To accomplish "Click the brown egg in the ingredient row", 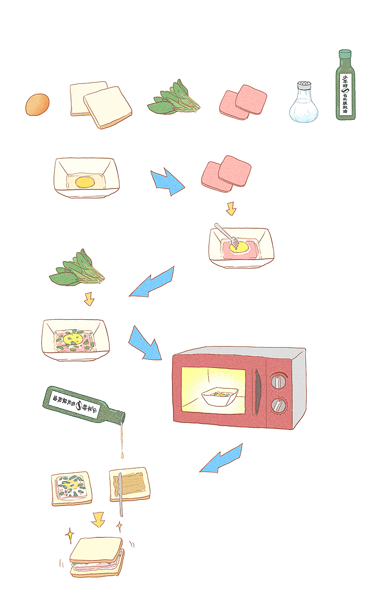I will [37, 105].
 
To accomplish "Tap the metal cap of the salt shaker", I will [304, 85].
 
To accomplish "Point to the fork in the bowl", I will [226, 235].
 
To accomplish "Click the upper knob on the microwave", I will [277, 381].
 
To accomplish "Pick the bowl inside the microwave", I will [220, 397].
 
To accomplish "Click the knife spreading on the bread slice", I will [120, 494].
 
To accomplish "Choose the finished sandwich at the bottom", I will [97, 557].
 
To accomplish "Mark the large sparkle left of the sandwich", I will [70, 536].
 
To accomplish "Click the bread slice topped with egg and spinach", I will [71, 488].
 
